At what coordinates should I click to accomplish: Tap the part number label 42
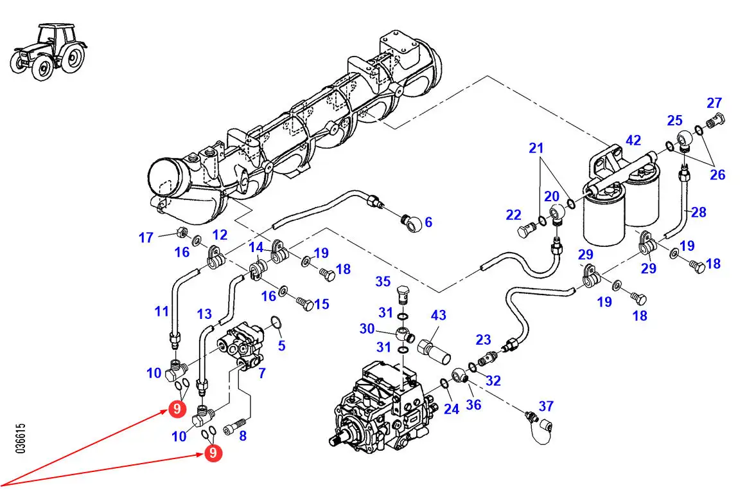633,140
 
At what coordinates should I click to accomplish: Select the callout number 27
714,103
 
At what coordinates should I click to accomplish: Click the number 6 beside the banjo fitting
428,222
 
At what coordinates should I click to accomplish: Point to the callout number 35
383,281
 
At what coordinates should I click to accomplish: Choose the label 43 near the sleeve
438,316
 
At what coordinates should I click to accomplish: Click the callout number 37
546,406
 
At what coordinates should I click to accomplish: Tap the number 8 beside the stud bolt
242,435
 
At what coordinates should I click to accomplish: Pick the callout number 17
146,238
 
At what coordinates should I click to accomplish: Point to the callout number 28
698,212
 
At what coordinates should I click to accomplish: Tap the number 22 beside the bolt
513,215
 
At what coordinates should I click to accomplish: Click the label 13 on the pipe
204,314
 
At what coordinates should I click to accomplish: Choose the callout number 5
281,346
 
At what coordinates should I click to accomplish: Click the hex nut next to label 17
180,231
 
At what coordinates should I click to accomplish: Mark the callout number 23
483,340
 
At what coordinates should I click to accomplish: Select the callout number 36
473,404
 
